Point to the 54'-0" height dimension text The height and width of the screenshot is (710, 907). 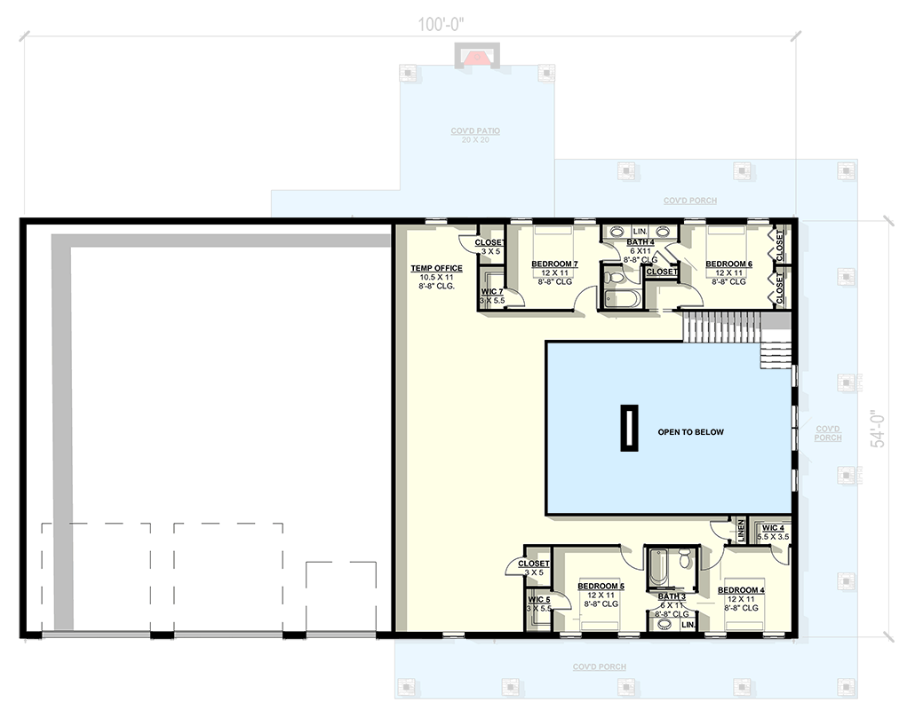[x=879, y=428]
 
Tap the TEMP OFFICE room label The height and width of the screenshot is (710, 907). [x=436, y=268]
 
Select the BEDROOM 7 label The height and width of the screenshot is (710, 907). [x=554, y=264]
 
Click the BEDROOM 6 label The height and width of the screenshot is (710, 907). [x=728, y=264]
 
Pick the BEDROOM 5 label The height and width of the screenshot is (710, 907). [x=601, y=587]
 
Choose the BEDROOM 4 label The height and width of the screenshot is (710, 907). [x=741, y=590]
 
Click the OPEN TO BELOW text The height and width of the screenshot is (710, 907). [x=690, y=432]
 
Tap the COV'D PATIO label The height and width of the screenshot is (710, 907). [x=475, y=131]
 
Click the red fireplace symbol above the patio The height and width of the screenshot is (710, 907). [x=478, y=59]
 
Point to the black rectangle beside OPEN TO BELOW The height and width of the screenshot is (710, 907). [x=629, y=428]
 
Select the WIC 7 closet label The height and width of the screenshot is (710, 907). [x=492, y=292]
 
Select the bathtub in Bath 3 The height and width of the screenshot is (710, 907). [x=657, y=563]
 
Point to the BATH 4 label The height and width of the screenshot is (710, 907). [x=640, y=241]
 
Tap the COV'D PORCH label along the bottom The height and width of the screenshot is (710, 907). [x=599, y=667]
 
